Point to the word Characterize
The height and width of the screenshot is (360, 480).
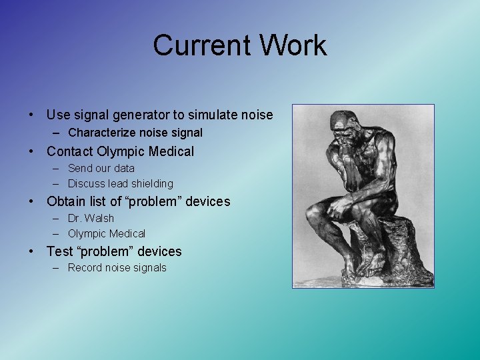pos(101,133)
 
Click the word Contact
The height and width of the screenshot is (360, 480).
pos(70,151)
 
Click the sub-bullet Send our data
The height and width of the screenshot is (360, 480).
pos(101,168)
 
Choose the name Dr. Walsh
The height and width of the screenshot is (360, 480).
pos(91,218)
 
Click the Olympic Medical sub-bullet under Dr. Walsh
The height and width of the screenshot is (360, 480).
pos(106,233)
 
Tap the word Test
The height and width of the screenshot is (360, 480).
pos(59,251)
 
